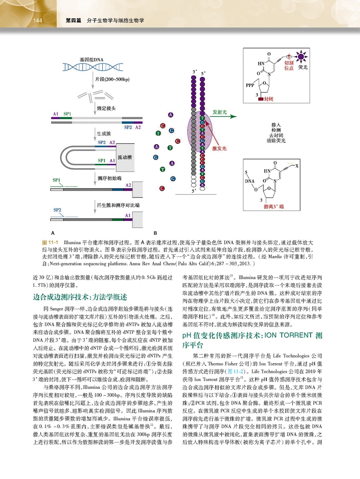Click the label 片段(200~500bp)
[111, 79]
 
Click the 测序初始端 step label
[108, 178]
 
